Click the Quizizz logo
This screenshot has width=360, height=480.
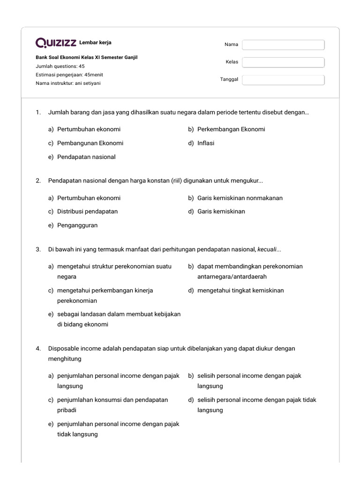click(x=56, y=43)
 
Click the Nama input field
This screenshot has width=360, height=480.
click(x=283, y=45)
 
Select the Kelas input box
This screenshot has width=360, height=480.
click(x=283, y=62)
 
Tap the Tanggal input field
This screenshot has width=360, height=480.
click(x=283, y=80)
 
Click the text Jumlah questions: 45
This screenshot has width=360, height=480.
click(x=60, y=66)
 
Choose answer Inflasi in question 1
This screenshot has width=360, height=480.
click(x=205, y=143)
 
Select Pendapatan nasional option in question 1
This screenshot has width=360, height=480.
click(x=86, y=157)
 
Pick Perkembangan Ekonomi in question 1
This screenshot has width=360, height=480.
click(x=231, y=129)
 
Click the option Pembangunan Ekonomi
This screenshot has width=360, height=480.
click(x=90, y=143)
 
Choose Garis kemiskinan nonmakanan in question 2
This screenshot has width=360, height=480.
click(x=240, y=198)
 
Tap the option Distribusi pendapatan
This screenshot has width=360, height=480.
click(x=87, y=211)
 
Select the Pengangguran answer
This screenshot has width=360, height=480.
click(x=77, y=225)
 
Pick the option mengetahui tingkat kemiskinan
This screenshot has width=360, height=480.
click(x=240, y=291)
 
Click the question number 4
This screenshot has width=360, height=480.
click(x=37, y=348)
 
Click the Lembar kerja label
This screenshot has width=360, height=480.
click(x=95, y=43)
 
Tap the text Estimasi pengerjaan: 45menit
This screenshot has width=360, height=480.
click(x=69, y=75)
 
